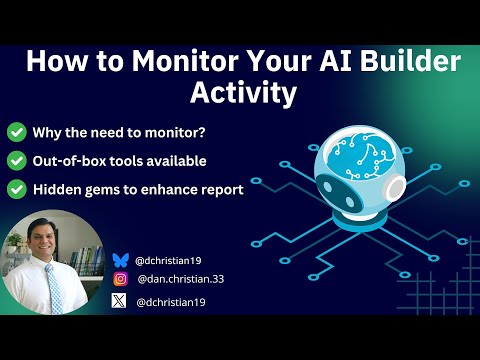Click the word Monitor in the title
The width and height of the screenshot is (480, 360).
[185, 61]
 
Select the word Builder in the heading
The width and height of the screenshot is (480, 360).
[410, 61]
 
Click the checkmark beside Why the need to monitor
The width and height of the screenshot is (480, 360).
[17, 132]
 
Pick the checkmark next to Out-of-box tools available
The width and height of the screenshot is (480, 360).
[17, 161]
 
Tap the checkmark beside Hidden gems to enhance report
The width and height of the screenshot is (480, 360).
[17, 189]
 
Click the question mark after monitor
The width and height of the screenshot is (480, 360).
[201, 133]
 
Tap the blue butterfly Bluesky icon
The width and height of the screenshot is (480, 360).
[120, 260]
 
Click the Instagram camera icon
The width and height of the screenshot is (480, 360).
[120, 279]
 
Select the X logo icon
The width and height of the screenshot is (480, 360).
[119, 301]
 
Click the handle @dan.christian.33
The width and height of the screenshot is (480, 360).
[181, 279]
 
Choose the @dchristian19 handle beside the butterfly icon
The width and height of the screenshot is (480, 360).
[168, 260]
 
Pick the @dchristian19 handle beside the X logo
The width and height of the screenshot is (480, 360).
[171, 302]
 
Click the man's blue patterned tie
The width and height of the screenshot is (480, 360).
[54, 288]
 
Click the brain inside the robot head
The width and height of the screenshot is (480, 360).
[361, 156]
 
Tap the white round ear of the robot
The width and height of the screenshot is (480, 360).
[396, 188]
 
